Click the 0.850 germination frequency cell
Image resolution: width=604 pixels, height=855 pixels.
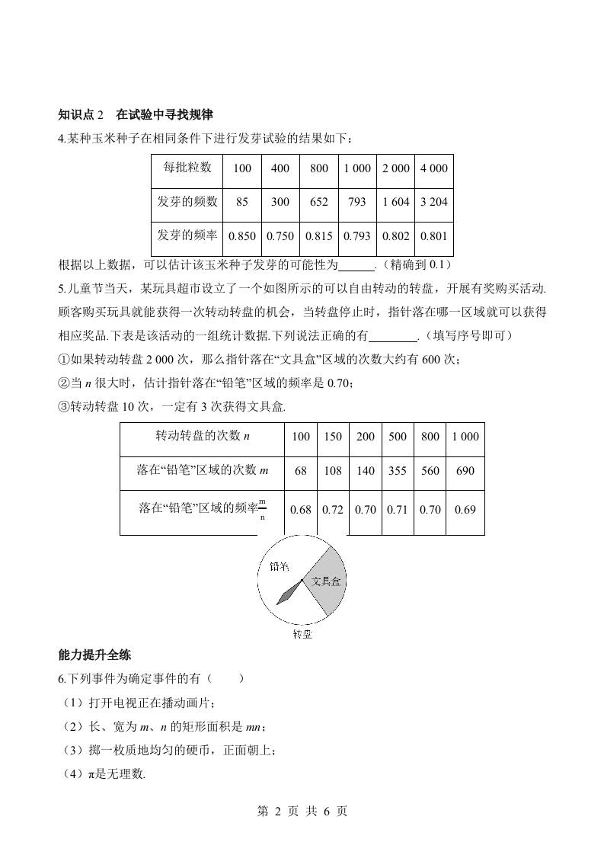(x=242, y=236)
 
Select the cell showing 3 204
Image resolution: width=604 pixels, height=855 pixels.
(x=433, y=202)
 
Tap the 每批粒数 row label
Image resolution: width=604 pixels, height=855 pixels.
(x=187, y=168)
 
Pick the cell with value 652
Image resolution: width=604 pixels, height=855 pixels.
(x=319, y=202)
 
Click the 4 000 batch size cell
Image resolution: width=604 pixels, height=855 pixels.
(x=433, y=168)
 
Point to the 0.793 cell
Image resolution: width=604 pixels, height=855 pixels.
(x=356, y=236)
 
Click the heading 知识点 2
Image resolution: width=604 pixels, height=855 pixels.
(x=85, y=115)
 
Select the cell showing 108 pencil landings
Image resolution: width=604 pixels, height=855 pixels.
(x=333, y=471)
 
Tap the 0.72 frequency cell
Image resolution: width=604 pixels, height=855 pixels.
(x=333, y=509)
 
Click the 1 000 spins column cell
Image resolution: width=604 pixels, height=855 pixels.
(x=465, y=437)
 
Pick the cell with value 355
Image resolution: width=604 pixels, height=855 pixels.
(x=398, y=471)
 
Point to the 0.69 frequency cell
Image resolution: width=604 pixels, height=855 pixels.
(x=465, y=509)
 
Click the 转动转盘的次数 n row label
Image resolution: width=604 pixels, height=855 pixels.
(x=203, y=436)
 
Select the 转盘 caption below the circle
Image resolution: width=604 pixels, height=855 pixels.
(x=302, y=634)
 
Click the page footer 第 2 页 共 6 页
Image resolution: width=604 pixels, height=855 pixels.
(x=302, y=812)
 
